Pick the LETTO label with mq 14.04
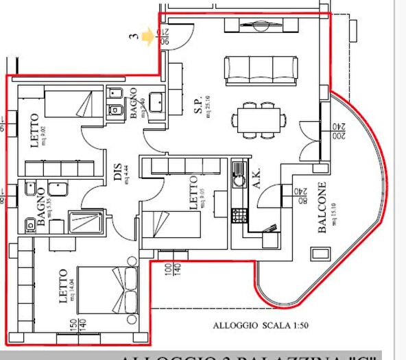(62, 286)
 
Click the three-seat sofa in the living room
(261, 69)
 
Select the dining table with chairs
(259, 117)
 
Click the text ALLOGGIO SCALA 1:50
(251, 326)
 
